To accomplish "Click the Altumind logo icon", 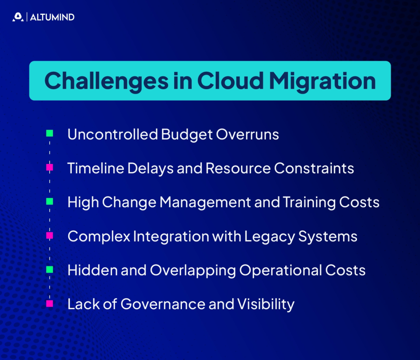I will click(x=18, y=17).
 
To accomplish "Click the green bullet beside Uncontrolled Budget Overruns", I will click(x=50, y=133).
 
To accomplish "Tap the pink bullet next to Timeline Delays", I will click(x=50, y=168).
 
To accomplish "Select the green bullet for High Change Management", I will click(x=50, y=202).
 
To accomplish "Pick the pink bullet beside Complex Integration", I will click(x=50, y=236).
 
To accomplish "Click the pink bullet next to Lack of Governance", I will click(x=50, y=304).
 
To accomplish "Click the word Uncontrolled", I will click(x=112, y=134).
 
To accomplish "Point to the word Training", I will click(x=310, y=203).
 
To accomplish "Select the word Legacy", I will click(x=269, y=237).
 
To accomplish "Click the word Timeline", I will click(x=92, y=168).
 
